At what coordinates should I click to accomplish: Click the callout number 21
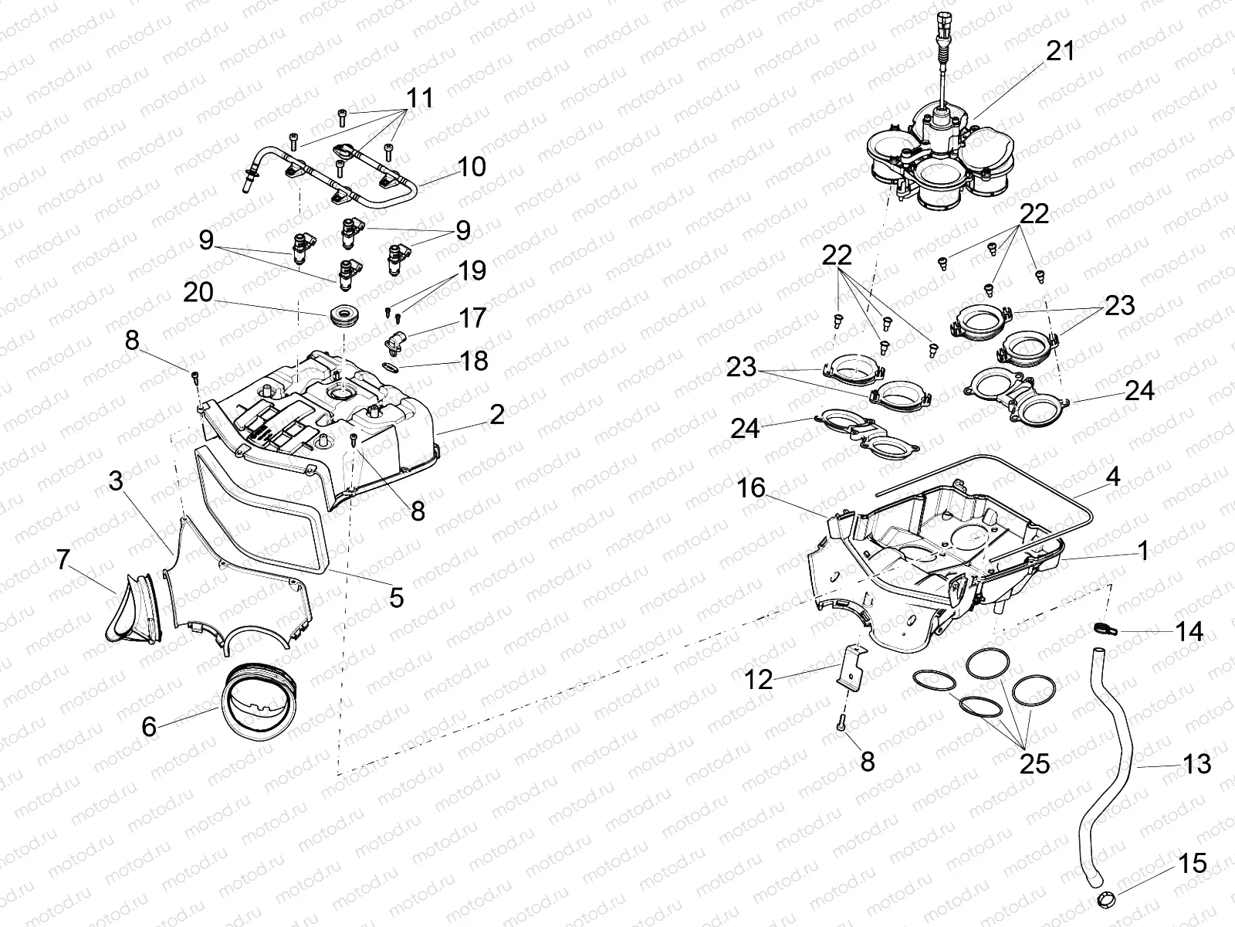1060,52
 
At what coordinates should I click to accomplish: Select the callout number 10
471,166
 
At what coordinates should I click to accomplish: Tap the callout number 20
198,293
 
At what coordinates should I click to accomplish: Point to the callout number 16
750,487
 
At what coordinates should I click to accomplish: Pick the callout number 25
1034,763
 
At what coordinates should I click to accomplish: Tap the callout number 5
396,597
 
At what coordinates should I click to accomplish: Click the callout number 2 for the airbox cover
496,415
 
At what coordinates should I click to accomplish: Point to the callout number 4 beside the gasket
1111,477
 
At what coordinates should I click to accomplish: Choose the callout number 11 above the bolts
419,98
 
